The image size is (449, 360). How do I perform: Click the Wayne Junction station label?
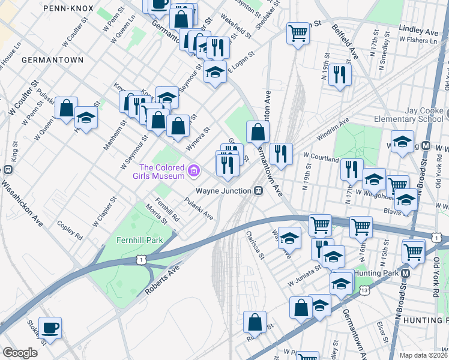[225, 191]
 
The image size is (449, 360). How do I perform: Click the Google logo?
[19, 353]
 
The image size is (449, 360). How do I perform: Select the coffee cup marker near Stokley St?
[50, 328]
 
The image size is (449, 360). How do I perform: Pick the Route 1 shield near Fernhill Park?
[140, 259]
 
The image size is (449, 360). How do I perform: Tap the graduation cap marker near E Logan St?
[215, 72]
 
